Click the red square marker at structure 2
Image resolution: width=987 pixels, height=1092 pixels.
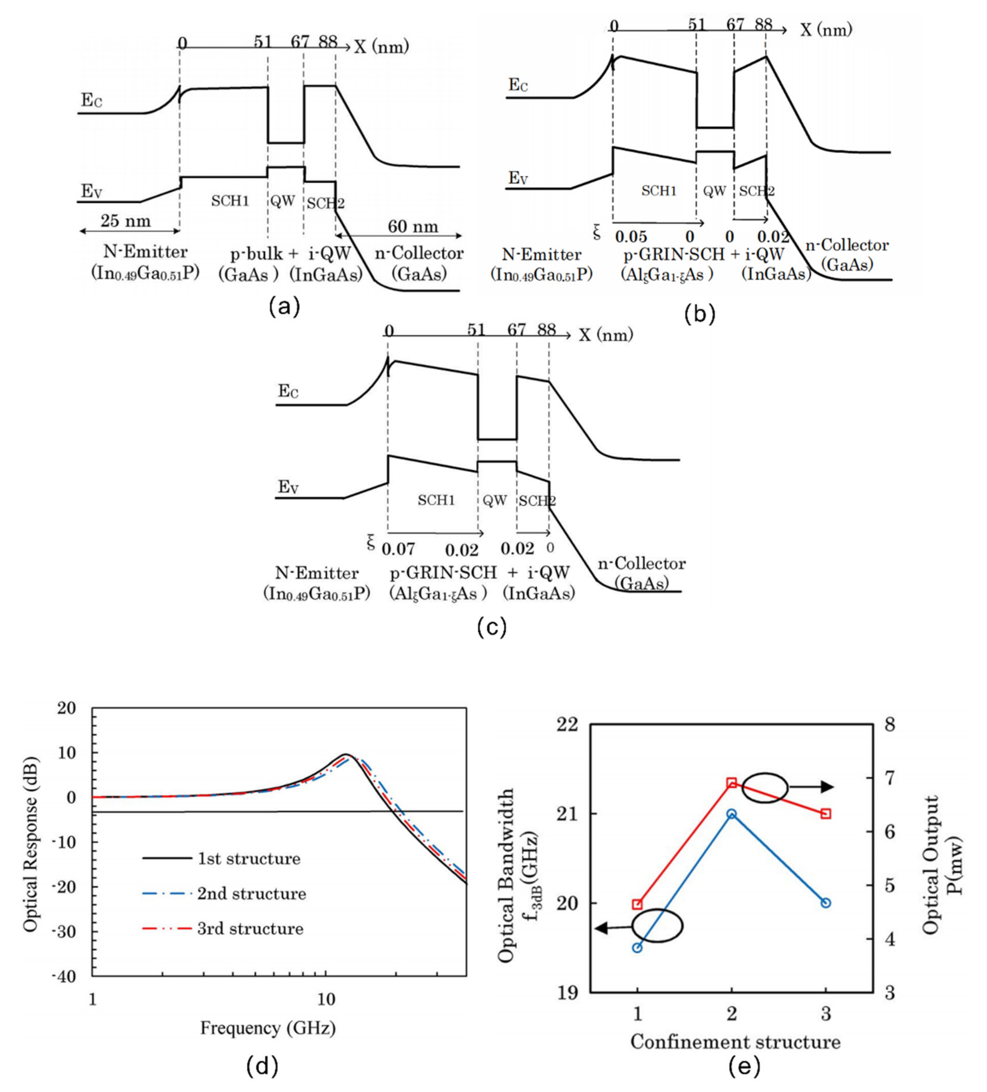(x=731, y=783)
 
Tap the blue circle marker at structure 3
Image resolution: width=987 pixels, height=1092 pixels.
(x=825, y=903)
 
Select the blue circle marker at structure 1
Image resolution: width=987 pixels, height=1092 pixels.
(x=637, y=948)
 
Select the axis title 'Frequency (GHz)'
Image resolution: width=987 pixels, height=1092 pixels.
(x=268, y=1027)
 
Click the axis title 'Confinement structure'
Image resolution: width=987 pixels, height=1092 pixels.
(x=735, y=1042)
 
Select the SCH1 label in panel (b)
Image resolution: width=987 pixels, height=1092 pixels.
(x=659, y=191)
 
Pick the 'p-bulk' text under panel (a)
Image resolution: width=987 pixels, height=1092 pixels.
(x=251, y=253)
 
